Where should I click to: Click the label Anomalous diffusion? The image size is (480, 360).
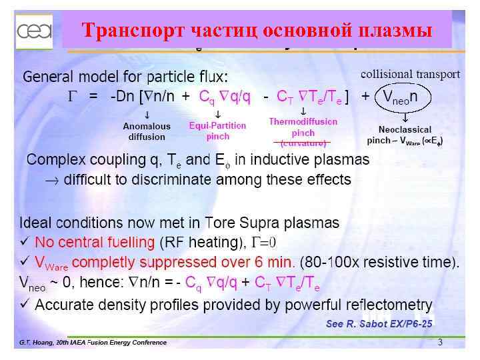click(147, 131)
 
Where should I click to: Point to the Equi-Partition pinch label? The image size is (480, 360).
click(217, 131)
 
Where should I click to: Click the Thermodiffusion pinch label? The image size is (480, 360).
click(303, 127)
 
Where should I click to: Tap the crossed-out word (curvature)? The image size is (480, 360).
click(303, 143)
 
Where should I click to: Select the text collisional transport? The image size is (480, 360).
click(411, 73)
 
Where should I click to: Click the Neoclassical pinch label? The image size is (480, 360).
click(405, 135)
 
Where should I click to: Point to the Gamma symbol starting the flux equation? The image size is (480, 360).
click(74, 97)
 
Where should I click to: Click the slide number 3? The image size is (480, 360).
click(440, 342)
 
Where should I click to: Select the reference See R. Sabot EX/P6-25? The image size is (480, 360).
click(379, 324)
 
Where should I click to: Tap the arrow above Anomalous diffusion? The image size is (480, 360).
click(147, 114)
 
